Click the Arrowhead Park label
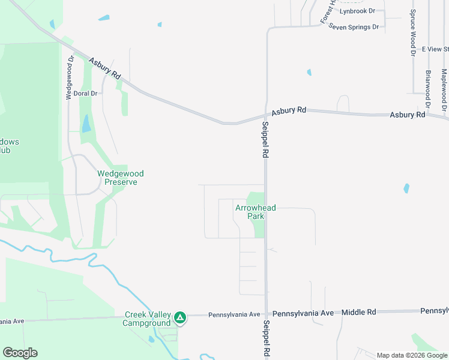pos(256,212)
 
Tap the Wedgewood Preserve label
pos(121,178)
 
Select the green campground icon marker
pos(179,316)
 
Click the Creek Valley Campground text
pos(147,319)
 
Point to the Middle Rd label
pos(358,313)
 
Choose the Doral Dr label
pos(85,94)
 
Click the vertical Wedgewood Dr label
pos(70,77)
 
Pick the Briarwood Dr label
pos(428,88)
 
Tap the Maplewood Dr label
pos(444,90)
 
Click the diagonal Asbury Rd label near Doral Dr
pos(105,69)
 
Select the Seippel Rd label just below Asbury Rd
pos(265,139)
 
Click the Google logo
pos(20,353)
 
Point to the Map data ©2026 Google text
pos(412,355)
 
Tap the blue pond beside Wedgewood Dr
pos(86,124)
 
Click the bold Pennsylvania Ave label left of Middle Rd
pos(303,313)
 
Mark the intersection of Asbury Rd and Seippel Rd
pos(266,115)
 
